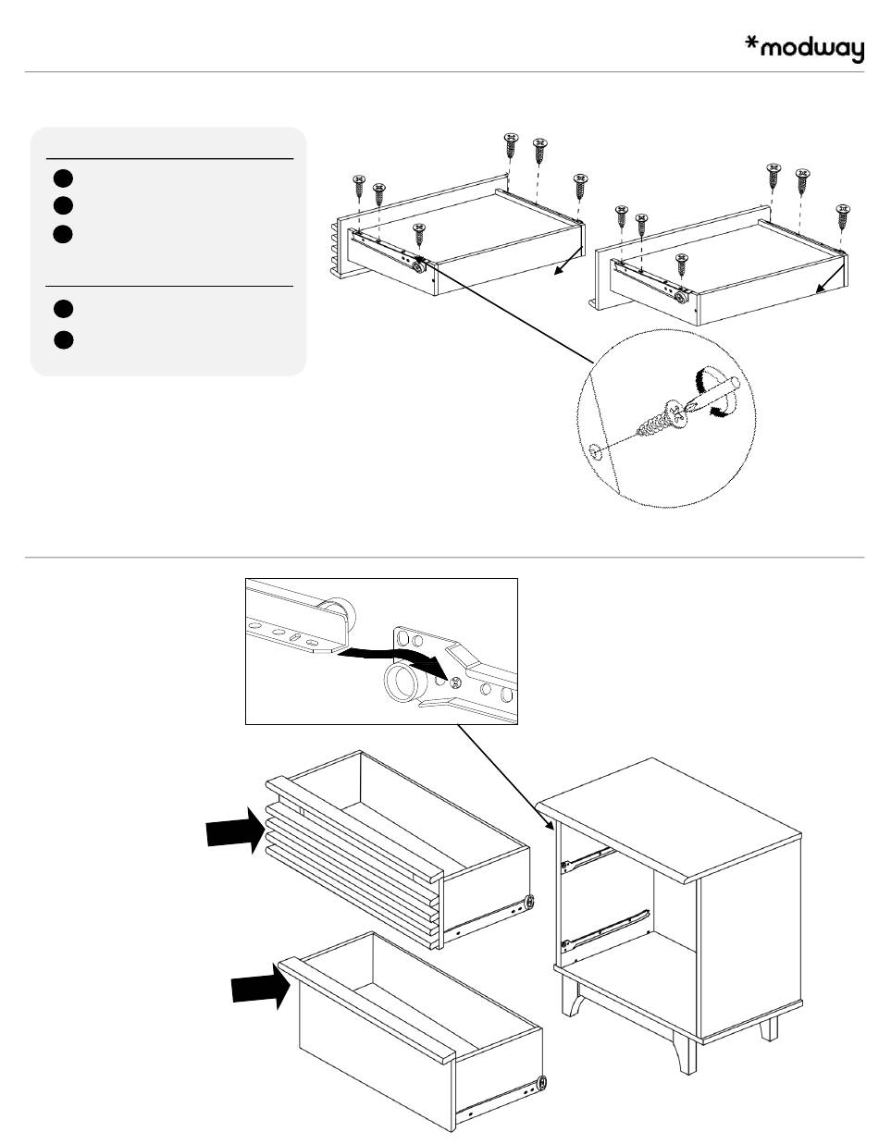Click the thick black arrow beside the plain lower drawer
click(x=256, y=990)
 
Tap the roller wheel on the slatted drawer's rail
click(x=528, y=902)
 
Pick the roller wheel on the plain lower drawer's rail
click(x=541, y=1082)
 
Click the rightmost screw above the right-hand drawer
click(x=843, y=215)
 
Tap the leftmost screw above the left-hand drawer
click(x=359, y=185)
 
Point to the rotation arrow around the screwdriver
click(x=712, y=393)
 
